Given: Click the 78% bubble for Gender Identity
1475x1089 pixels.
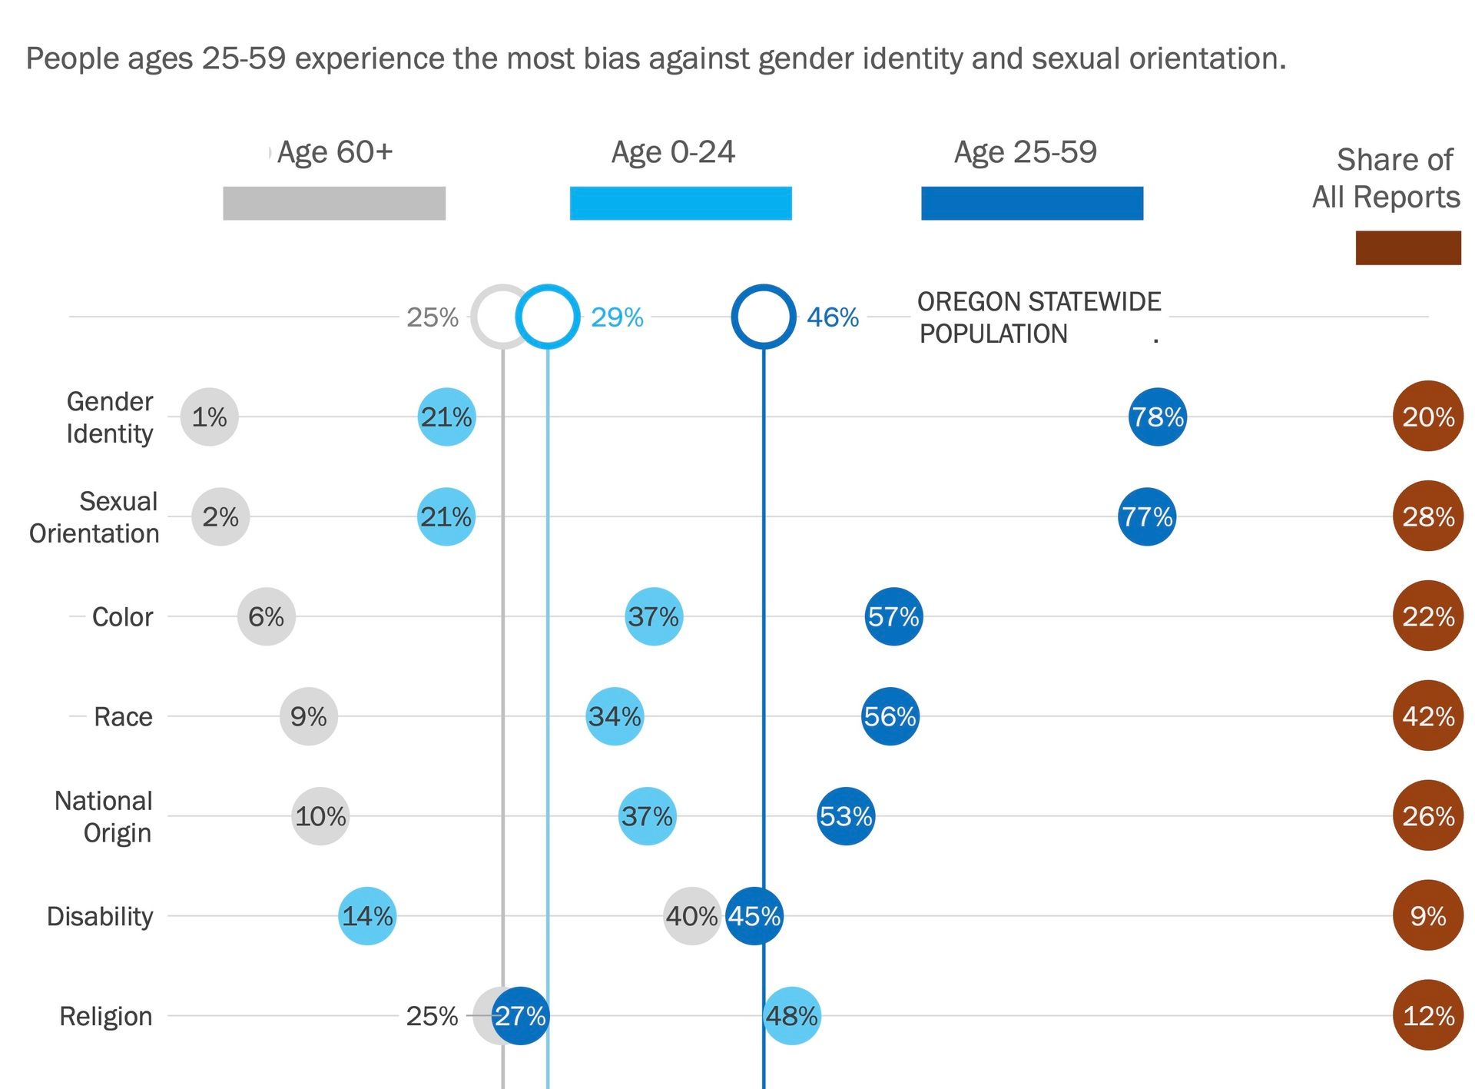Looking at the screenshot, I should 1157,417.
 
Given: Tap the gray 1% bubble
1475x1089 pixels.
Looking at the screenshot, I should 209,417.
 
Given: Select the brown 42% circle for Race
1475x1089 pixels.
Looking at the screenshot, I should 1427,716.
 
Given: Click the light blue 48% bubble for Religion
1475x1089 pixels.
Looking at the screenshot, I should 792,1016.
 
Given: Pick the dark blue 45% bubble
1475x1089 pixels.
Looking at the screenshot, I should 754,916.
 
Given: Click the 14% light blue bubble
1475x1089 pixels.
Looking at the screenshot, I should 367,916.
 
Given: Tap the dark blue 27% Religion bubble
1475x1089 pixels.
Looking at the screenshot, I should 521,1016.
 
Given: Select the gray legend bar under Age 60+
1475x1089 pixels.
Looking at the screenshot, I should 334,204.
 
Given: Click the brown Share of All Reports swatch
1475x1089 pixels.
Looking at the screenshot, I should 1407,247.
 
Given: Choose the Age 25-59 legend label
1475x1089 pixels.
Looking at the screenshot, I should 1025,152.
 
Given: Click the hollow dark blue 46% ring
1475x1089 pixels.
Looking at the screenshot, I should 763,316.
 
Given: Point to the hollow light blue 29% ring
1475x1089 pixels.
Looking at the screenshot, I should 547,316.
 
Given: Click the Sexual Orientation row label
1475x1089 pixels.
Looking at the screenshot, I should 94,517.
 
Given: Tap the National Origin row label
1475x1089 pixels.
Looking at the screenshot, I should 104,816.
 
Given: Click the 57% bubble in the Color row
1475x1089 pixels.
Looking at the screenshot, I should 893,616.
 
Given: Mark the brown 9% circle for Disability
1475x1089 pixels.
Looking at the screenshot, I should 1427,916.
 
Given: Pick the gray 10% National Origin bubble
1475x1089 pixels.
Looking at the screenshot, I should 320,816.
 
